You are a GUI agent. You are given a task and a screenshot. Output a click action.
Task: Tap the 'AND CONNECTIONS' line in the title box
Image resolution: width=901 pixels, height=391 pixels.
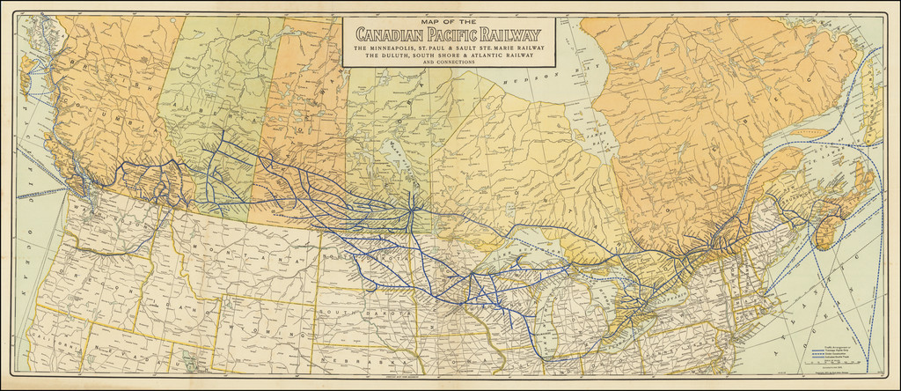click(449, 63)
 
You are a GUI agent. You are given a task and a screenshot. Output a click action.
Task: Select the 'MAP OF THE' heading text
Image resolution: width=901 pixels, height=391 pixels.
click(449, 20)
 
